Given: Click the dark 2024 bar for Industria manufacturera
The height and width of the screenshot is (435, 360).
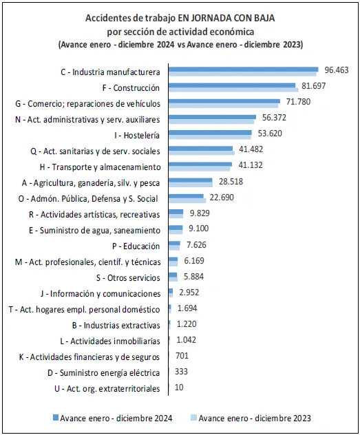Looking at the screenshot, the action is tap(243, 70).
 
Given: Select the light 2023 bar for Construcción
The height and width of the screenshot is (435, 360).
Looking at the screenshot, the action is tap(233, 89).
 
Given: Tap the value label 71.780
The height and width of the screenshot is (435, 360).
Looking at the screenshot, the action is tap(298, 102).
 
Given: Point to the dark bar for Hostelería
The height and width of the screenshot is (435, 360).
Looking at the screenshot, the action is tap(210, 133).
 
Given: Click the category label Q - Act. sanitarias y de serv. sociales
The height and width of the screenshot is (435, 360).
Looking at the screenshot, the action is tap(95, 151).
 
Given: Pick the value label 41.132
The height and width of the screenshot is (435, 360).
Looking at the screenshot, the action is tap(251, 165).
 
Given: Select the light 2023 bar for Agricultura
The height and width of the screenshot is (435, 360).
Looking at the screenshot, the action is tap(191, 184).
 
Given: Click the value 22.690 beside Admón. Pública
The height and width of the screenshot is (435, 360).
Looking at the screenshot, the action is tap(222, 198).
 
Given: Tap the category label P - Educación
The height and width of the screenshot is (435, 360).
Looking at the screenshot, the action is tap(136, 246).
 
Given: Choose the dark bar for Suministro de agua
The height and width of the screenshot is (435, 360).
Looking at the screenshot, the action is tap(176, 228).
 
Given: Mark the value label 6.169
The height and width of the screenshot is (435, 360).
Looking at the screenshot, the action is tap(194, 261).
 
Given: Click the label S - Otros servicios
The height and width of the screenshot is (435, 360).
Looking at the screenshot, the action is tap(128, 277).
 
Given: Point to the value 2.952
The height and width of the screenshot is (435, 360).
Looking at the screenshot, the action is tap(189, 293).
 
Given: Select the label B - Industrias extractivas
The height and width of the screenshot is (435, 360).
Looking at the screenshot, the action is tap(116, 325).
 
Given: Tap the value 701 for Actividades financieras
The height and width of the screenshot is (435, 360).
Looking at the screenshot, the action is tap(182, 356).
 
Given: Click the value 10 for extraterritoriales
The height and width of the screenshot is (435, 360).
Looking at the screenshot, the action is tap(179, 388).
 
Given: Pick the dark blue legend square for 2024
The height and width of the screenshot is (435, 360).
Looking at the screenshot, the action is tap(56, 418).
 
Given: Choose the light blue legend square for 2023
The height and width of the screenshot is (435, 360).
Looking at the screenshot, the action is tap(194, 418).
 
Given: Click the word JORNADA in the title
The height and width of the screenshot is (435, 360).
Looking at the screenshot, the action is tap(209, 18).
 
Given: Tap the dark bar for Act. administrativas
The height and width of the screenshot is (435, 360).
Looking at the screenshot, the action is tap(212, 117).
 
